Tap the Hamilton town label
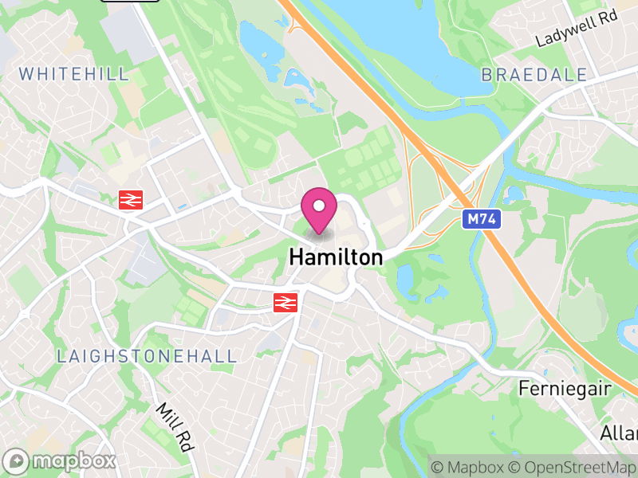coord(336,257)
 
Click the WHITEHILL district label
coord(73,74)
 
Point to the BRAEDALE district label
coord(534,75)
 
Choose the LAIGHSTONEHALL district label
coord(147,356)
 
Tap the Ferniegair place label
coord(564,389)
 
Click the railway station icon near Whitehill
coord(130,200)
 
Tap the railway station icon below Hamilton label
coord(285,302)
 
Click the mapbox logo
coord(61,460)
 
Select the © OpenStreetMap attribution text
coord(572,467)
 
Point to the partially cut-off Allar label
coord(620,433)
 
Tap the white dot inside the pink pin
coord(319,206)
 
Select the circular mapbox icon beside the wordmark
coord(16,460)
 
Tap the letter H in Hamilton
coord(296,257)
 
